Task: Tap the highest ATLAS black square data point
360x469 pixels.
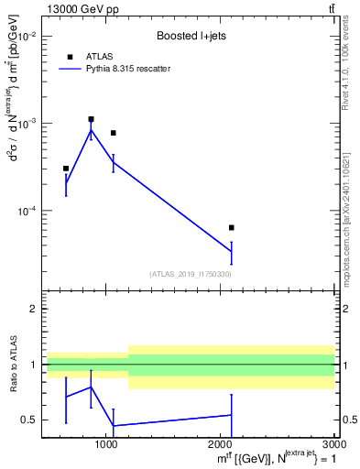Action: tap(91, 119)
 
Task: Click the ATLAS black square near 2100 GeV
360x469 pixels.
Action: tap(231, 227)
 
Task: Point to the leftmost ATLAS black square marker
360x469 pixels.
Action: tap(66, 169)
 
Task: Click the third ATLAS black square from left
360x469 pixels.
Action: tap(113, 133)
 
